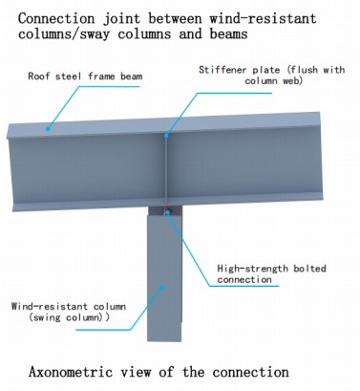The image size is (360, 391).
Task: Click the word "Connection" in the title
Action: pyautogui.click(x=56, y=18)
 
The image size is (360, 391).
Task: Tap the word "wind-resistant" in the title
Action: pyautogui.click(x=263, y=18)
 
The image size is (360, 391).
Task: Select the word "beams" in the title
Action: pyautogui.click(x=228, y=33)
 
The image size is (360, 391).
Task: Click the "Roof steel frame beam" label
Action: pyautogui.click(x=85, y=76)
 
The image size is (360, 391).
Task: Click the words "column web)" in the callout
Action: pyautogui.click(x=273, y=80)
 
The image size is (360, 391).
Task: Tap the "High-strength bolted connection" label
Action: pyautogui.click(x=271, y=273)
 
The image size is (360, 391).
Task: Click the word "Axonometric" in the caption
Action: pyautogui.click(x=71, y=372)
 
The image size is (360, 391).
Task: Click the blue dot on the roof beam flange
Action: pyautogui.click(x=48, y=129)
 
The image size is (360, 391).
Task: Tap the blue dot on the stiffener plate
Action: pyautogui.click(x=166, y=136)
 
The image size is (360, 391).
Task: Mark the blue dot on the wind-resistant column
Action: pyautogui.click(x=161, y=287)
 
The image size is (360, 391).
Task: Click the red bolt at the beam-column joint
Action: pyautogui.click(x=167, y=209)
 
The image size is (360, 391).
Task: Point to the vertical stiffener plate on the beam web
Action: pyautogui.click(x=166, y=169)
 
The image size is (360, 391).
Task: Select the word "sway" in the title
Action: pyautogui.click(x=95, y=33)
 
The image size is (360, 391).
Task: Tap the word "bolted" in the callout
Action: pyautogui.click(x=309, y=269)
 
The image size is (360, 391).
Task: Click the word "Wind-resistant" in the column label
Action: pyautogui.click(x=49, y=307)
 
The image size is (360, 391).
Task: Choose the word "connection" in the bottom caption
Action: pyautogui.click(x=251, y=372)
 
